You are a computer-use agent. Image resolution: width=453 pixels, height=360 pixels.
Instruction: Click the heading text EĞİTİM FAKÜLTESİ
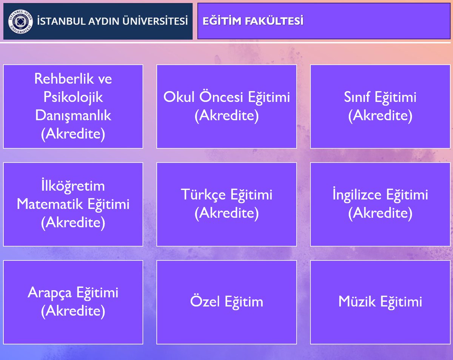[x=253, y=21]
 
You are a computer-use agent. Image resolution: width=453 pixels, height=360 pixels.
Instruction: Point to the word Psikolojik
[x=73, y=97]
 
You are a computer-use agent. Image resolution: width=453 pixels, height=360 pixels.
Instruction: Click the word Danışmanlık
[x=73, y=116]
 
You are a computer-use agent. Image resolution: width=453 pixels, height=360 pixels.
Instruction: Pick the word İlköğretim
[x=73, y=186]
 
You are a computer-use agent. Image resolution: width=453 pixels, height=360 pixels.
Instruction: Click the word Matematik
[x=51, y=204]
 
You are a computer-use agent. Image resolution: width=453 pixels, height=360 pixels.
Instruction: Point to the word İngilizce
[x=357, y=195]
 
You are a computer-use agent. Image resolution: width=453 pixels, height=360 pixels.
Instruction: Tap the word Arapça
[x=50, y=293]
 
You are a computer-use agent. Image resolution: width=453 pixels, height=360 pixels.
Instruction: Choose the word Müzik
[x=357, y=302]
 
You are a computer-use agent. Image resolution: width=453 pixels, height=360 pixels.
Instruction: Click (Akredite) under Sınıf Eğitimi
[x=380, y=115]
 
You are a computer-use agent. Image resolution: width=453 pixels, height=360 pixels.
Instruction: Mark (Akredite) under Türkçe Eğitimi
[x=226, y=213]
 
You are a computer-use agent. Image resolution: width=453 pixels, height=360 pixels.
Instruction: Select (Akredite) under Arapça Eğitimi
[x=73, y=311]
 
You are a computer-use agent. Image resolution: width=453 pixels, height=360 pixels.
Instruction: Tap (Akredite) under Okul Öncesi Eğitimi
[x=226, y=115]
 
